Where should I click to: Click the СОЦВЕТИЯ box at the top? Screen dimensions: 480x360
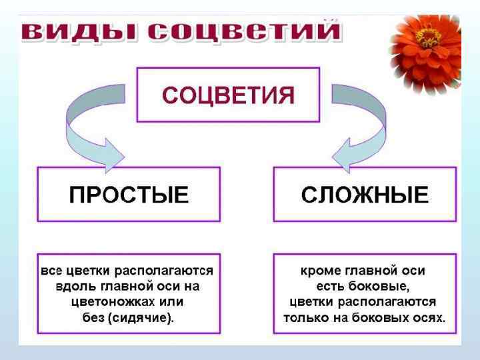[x=228, y=94]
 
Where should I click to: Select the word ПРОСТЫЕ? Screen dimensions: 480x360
[x=129, y=195]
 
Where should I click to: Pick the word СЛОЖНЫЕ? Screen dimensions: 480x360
[x=365, y=195]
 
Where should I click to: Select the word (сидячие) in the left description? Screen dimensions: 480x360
[x=141, y=317]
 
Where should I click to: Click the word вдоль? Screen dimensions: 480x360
[x=72, y=286]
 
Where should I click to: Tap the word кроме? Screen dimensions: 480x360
[x=321, y=271]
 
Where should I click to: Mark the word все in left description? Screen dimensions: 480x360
[x=51, y=271]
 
